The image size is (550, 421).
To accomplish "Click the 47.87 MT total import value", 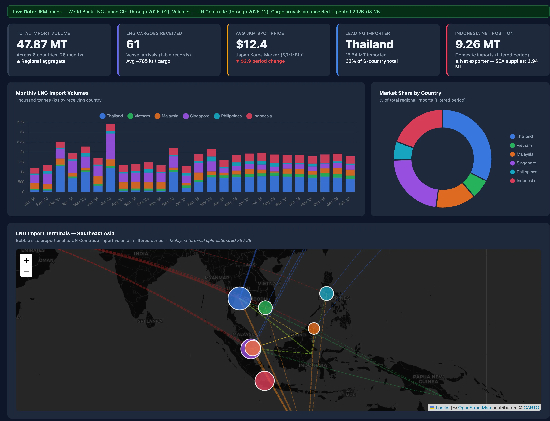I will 42,44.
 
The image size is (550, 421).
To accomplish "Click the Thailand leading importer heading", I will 369,44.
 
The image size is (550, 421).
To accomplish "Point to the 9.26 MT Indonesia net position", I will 478,44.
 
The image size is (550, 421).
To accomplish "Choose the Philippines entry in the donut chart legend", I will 526,172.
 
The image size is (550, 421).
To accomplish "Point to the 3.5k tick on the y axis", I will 21,122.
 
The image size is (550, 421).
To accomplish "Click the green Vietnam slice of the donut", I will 474,184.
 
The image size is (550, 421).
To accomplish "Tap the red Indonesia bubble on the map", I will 264,381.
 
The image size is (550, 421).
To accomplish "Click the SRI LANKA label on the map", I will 150,321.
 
